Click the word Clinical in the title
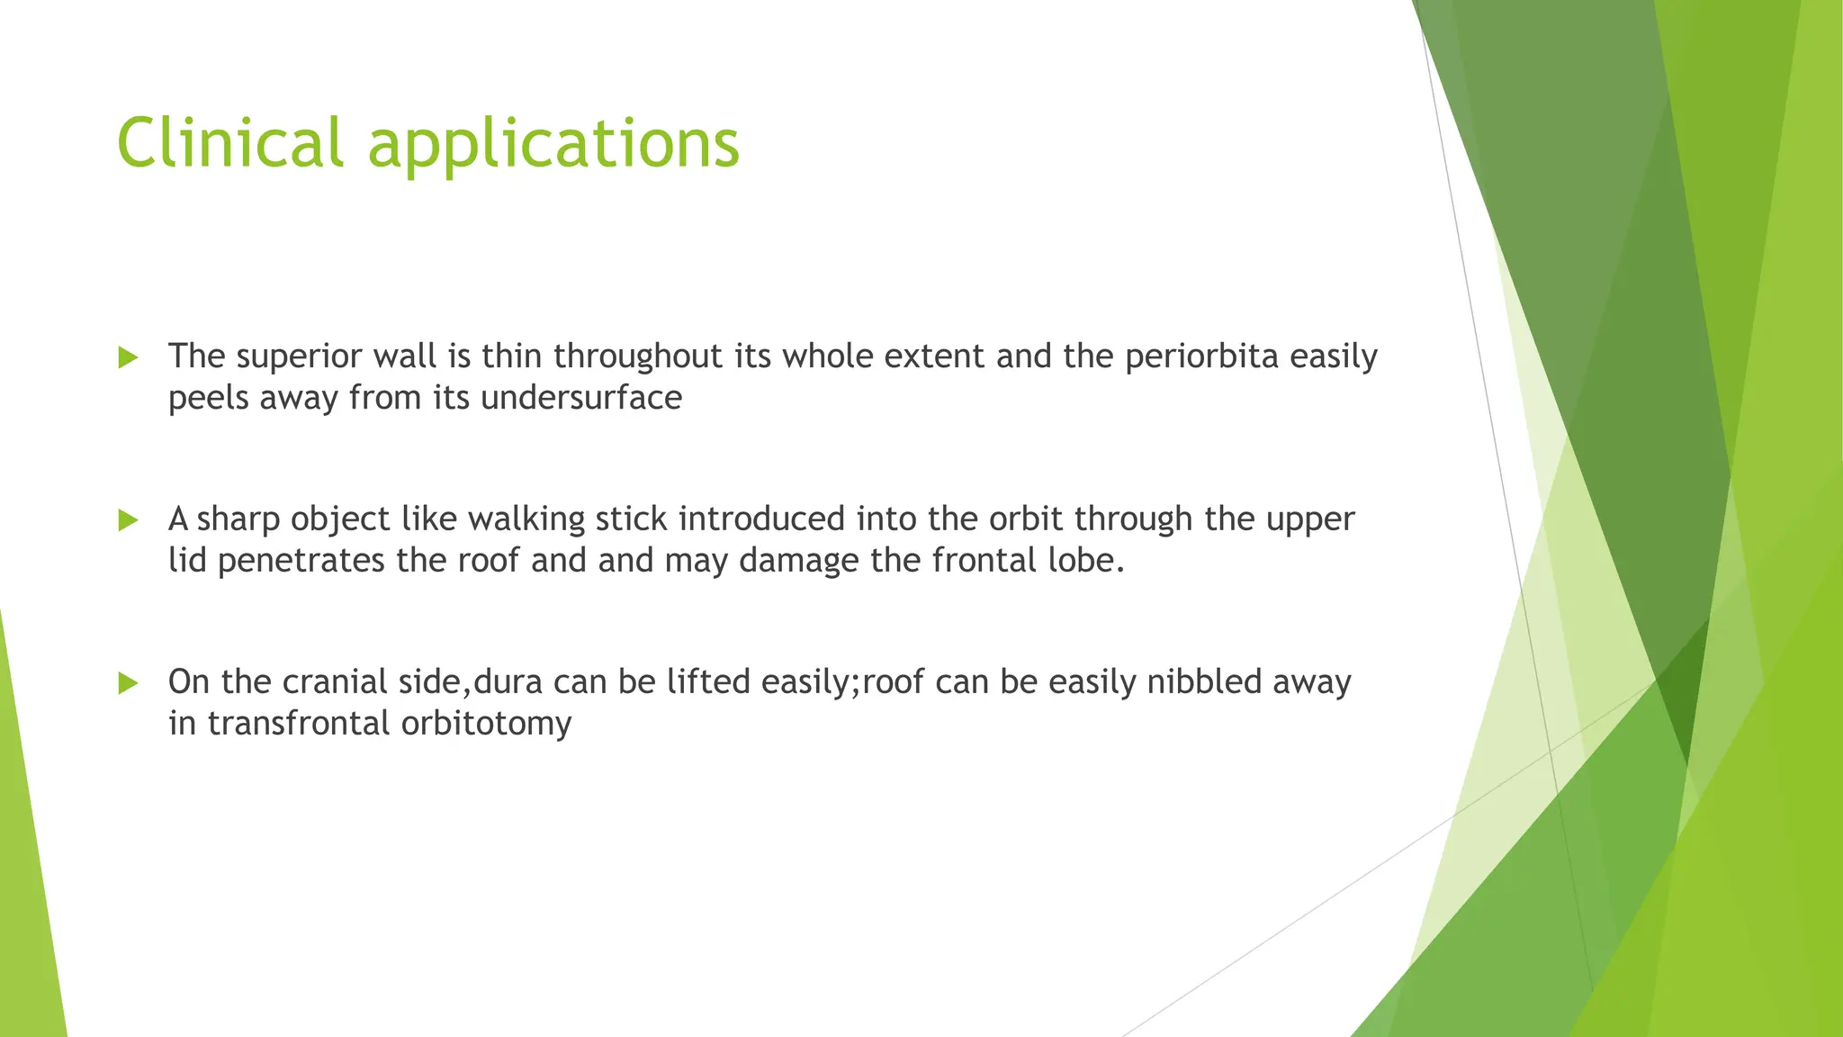click(230, 142)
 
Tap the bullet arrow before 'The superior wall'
click(128, 357)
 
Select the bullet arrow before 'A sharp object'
click(128, 520)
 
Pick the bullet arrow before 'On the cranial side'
click(128, 683)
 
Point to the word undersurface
click(581, 397)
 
